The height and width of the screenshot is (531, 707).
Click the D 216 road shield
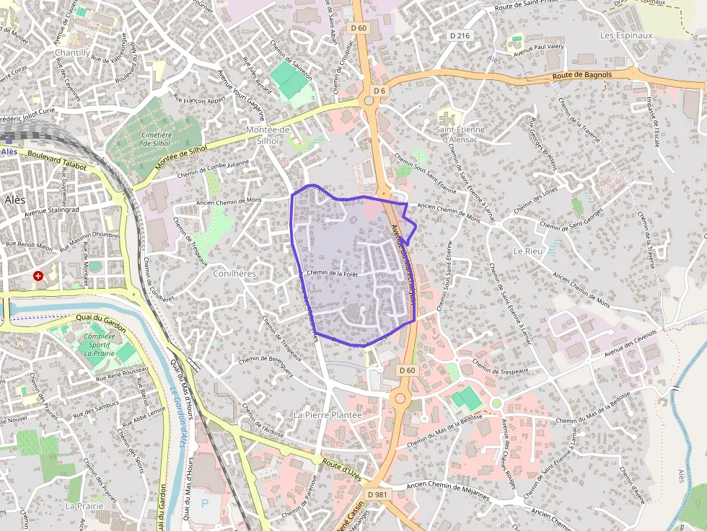point(460,35)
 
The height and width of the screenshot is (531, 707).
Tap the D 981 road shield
point(377,495)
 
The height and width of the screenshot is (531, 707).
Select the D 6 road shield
point(380,90)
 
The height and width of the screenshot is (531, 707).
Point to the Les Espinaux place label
point(626,35)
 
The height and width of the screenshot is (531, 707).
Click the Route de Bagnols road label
point(582,75)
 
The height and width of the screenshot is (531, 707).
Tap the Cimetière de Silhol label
point(157,138)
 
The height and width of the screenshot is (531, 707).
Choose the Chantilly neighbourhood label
point(72,53)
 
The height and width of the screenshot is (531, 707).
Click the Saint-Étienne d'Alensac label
point(460,134)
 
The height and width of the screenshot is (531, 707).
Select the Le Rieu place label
point(527,251)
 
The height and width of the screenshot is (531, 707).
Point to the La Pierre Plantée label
point(328,415)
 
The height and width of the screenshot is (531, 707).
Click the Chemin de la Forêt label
point(333,273)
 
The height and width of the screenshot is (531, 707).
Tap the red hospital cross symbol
point(38,275)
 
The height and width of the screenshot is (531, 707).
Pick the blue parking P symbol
point(203,502)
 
